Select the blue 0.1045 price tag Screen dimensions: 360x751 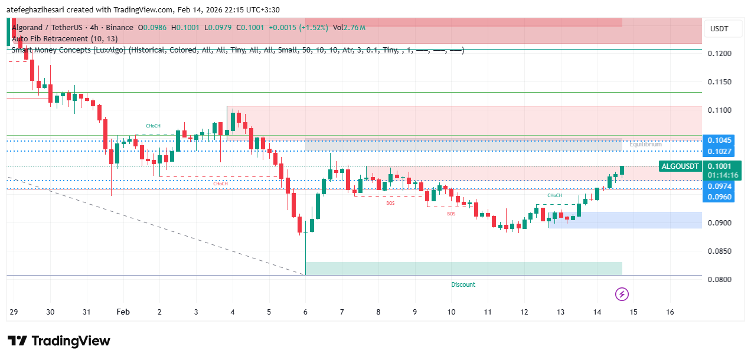tap(720, 140)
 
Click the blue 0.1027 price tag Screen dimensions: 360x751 tap(720, 151)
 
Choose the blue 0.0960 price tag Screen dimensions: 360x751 tap(720, 197)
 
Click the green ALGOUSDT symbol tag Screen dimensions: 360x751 tap(681, 166)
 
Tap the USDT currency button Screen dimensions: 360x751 tap(719, 29)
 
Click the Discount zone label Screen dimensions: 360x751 tap(463, 284)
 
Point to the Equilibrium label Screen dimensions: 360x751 tap(645, 144)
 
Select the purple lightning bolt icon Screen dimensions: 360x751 tap(621, 294)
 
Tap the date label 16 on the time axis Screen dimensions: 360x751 tap(670, 312)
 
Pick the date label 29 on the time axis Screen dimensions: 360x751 tap(14, 312)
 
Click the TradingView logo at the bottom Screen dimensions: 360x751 tap(58, 341)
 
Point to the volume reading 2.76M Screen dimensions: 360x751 tap(354, 27)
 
